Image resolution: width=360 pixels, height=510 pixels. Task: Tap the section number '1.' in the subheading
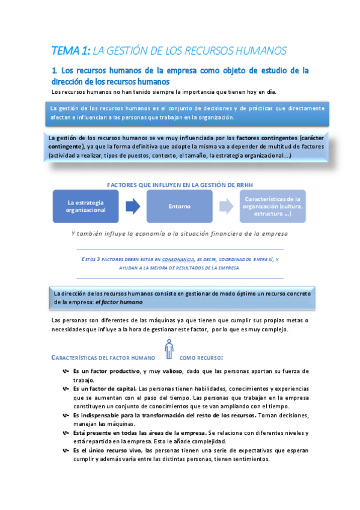[55, 70]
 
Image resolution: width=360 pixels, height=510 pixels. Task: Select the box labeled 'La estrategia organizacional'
[85, 206]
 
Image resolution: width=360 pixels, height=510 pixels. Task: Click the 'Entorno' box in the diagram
[180, 206]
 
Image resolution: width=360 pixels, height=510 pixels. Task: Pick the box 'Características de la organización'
[273, 206]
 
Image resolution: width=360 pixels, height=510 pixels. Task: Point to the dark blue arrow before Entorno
[133, 206]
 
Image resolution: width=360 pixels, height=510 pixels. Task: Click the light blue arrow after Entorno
[226, 206]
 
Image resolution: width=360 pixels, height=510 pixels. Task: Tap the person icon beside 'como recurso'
[169, 350]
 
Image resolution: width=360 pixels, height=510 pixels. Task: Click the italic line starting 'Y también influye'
[179, 233]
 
